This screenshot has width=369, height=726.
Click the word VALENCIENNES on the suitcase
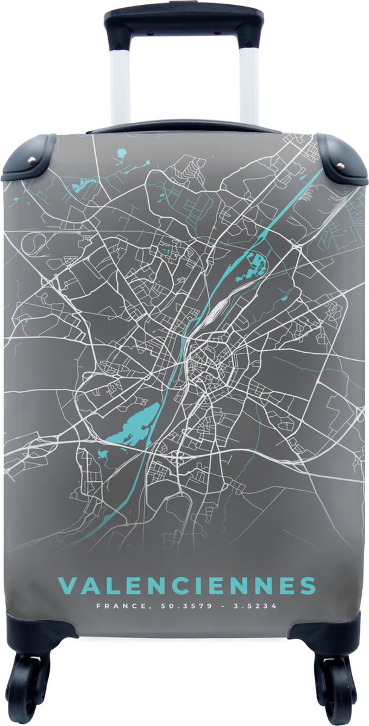[186, 586]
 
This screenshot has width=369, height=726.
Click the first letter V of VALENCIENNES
[66, 586]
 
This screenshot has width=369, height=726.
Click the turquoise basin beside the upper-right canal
[256, 263]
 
